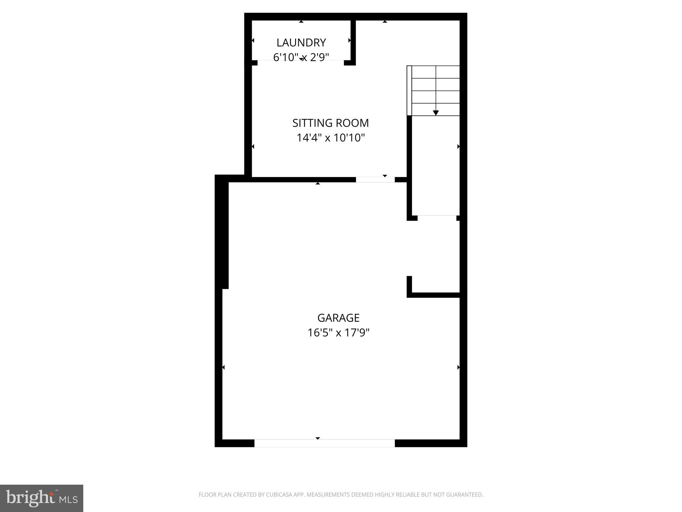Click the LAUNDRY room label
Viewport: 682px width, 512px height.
[301, 43]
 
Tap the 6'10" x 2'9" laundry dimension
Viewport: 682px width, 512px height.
[301, 57]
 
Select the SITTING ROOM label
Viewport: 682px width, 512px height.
[330, 123]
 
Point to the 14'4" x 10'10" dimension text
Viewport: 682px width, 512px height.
[331, 138]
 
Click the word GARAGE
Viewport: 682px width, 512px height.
[338, 318]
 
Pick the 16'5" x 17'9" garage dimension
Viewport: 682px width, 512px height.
[338, 333]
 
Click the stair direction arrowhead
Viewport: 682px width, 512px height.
[436, 113]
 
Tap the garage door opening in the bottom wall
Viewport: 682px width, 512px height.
[324, 443]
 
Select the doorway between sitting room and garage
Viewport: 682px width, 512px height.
[375, 180]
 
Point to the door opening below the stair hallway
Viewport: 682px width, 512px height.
[437, 218]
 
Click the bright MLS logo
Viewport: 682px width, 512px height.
[42, 498]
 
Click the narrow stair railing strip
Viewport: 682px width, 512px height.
[409, 90]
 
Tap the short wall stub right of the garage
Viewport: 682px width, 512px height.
[409, 285]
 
